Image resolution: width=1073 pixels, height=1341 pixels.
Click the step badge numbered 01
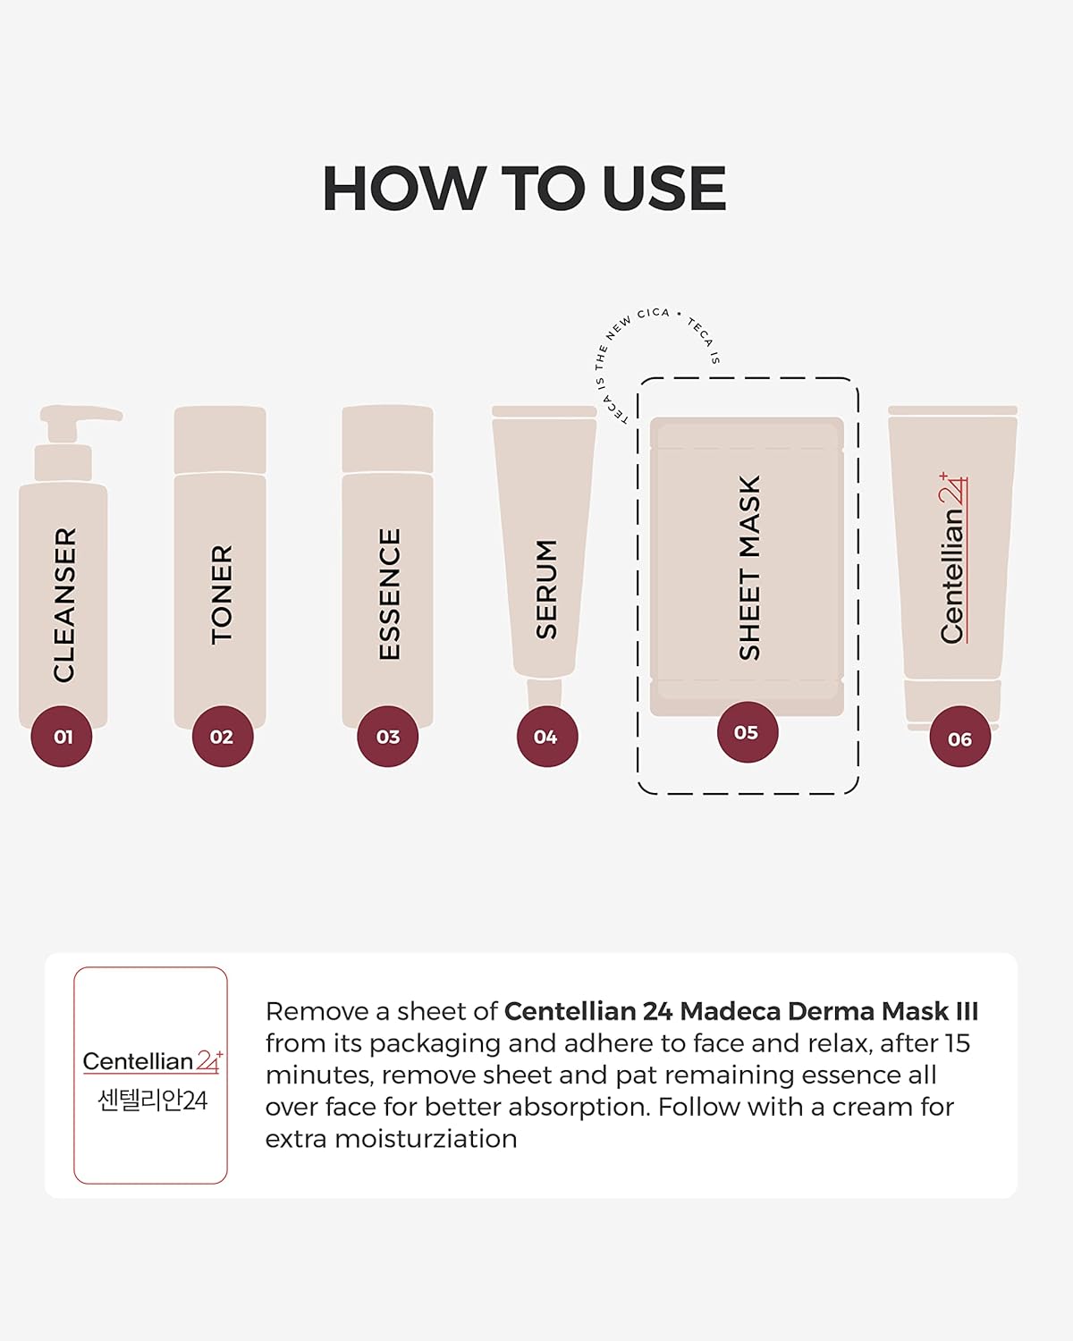pos(62,736)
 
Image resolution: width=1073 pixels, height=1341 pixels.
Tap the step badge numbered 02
pos(223,736)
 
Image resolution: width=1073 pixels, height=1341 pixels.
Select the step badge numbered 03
pos(388,736)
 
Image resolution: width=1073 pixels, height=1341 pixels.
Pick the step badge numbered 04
pos(547,736)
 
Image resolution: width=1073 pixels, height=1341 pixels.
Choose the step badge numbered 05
pos(748,731)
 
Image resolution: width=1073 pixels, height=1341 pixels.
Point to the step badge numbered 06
pos(960,736)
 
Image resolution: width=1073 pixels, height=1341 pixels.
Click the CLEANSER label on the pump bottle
pos(65,604)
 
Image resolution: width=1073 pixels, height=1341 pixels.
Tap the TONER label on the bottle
pos(222,595)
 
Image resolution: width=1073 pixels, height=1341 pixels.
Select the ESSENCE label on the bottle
pos(389,594)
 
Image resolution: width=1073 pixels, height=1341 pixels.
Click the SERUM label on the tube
pos(546,589)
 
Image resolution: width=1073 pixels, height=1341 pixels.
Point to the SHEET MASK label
pos(749,567)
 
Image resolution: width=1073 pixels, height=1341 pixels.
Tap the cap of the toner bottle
pos(220,439)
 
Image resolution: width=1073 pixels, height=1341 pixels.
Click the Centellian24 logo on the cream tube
pos(952,558)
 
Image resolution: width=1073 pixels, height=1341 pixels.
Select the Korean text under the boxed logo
pos(152,1101)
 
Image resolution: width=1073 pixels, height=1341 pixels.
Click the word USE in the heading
pos(664,189)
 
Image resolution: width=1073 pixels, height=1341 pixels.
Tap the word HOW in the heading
pos(404,189)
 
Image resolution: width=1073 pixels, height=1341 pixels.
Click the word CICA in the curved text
pos(653,313)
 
